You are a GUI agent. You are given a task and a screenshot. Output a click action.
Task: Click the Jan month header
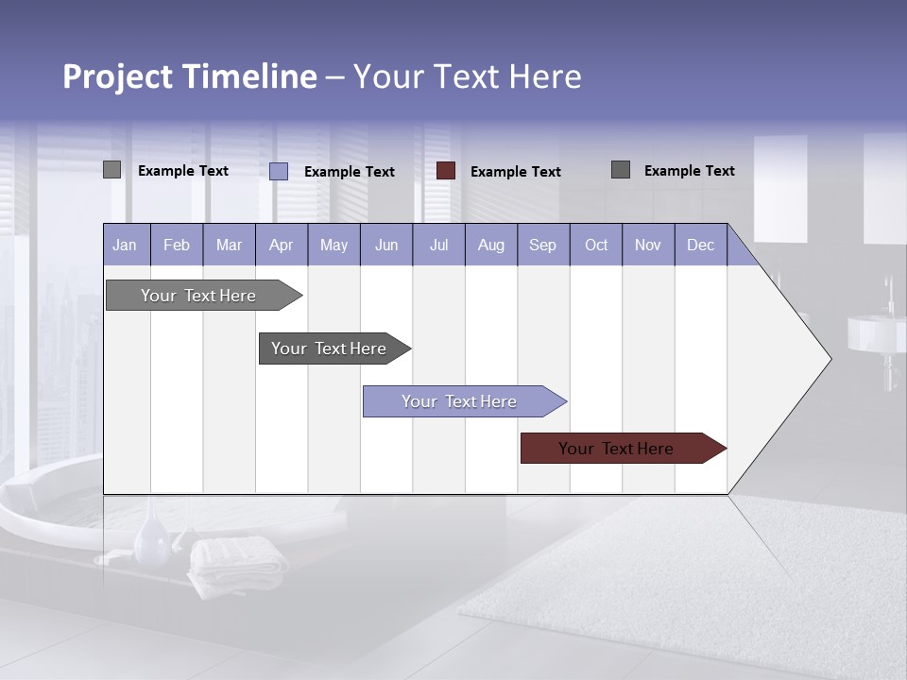[x=126, y=246]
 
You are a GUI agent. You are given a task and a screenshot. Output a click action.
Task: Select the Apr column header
[x=282, y=246]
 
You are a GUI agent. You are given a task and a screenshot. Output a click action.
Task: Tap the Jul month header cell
[x=438, y=246]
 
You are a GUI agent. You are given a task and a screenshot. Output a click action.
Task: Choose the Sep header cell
[x=542, y=246]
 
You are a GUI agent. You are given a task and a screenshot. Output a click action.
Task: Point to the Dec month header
[x=700, y=246]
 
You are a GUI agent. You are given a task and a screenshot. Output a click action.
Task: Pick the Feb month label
[x=177, y=246]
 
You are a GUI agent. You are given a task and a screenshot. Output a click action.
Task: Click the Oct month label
[x=596, y=246]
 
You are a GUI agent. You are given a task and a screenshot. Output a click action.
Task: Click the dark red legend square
[x=446, y=171]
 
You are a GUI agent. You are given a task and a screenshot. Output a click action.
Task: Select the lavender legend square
[x=279, y=171]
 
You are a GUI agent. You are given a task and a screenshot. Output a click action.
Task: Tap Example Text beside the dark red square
[x=516, y=172]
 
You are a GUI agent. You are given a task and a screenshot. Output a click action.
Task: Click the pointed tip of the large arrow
[x=829, y=359]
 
